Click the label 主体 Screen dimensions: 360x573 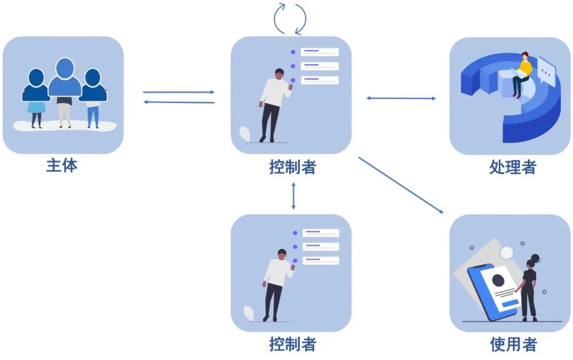[x=62, y=166]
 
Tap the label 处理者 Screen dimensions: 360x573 [x=513, y=167]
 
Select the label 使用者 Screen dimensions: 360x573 [x=513, y=345]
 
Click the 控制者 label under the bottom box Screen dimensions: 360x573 [x=292, y=345]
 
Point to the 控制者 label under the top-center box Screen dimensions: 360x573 [x=292, y=167]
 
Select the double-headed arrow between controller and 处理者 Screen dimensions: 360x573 [x=401, y=98]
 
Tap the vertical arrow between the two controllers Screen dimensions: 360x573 [x=293, y=195]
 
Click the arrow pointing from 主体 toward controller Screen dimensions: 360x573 [x=179, y=92]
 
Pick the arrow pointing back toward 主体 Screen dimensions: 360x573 [x=179, y=102]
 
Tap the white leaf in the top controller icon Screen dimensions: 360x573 [x=245, y=133]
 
